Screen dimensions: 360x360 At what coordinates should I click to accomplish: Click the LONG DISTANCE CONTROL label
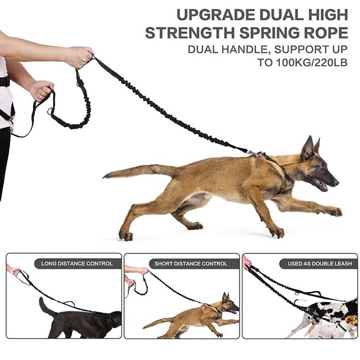[77, 264]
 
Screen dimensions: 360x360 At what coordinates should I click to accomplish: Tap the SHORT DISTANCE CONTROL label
[191, 264]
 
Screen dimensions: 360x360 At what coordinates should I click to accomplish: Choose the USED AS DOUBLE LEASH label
[320, 264]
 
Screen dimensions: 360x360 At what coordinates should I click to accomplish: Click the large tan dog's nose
[336, 182]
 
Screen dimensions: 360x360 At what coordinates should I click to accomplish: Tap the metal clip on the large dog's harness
[254, 154]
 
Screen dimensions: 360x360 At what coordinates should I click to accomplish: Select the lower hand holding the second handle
[41, 90]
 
